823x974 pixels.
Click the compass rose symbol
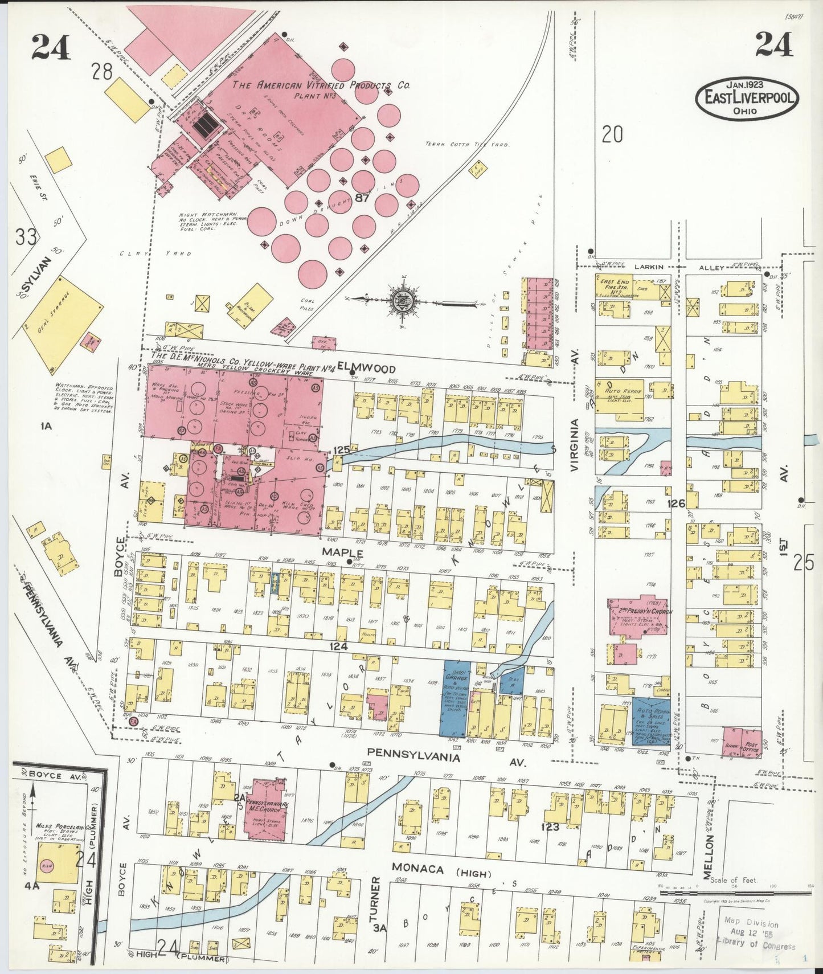403,298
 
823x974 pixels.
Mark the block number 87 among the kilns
361,198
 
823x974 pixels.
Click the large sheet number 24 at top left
51,47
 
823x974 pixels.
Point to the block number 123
550,826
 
